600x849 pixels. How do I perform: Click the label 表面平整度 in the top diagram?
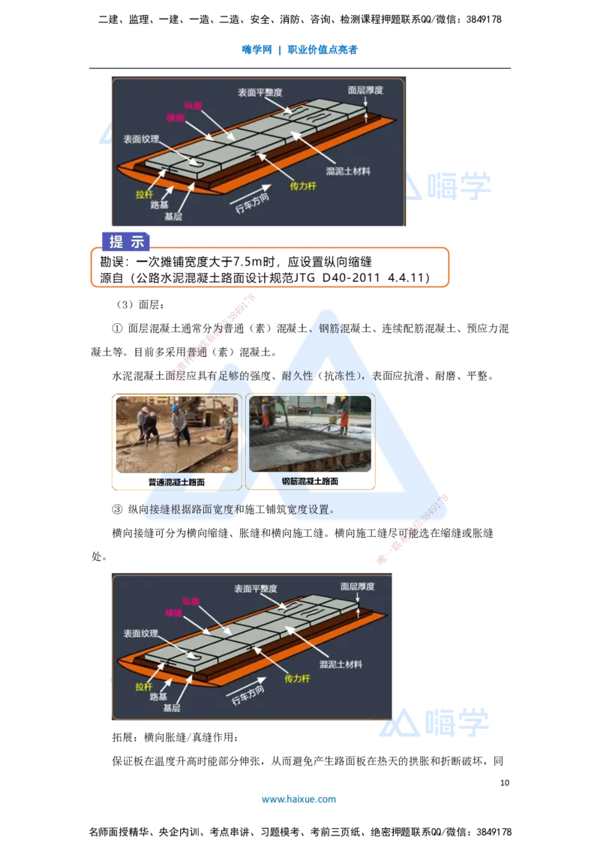259,92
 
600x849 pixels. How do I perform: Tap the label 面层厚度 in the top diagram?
365,90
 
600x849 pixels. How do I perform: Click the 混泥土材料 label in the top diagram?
348,171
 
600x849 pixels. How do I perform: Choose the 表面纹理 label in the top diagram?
141,139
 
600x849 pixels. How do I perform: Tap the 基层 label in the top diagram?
172,217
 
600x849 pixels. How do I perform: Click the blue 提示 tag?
127,241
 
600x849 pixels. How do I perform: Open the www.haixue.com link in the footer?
298,799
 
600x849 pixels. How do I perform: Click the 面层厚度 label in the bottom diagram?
357,586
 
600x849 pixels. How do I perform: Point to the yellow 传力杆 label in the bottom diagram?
297,678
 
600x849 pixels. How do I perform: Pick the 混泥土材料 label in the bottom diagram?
340,664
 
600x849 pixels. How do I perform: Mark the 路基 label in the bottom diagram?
158,697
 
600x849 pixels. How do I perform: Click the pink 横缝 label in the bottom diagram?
174,613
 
